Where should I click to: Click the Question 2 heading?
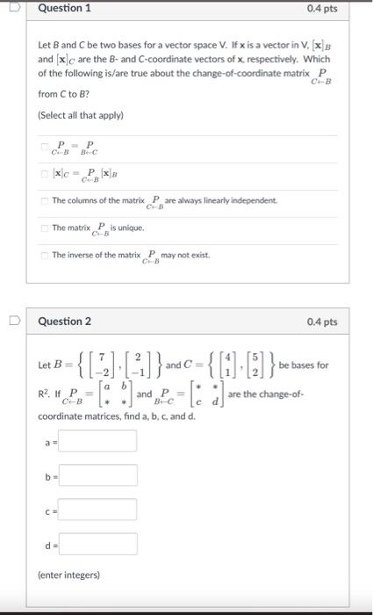[x=65, y=322]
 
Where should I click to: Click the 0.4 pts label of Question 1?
[x=322, y=9]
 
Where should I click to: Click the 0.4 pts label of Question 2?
[x=322, y=322]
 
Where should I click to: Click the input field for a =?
[x=97, y=440]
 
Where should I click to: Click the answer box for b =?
[x=97, y=475]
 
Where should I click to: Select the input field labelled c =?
[x=97, y=510]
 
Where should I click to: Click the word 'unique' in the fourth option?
[x=126, y=228]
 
